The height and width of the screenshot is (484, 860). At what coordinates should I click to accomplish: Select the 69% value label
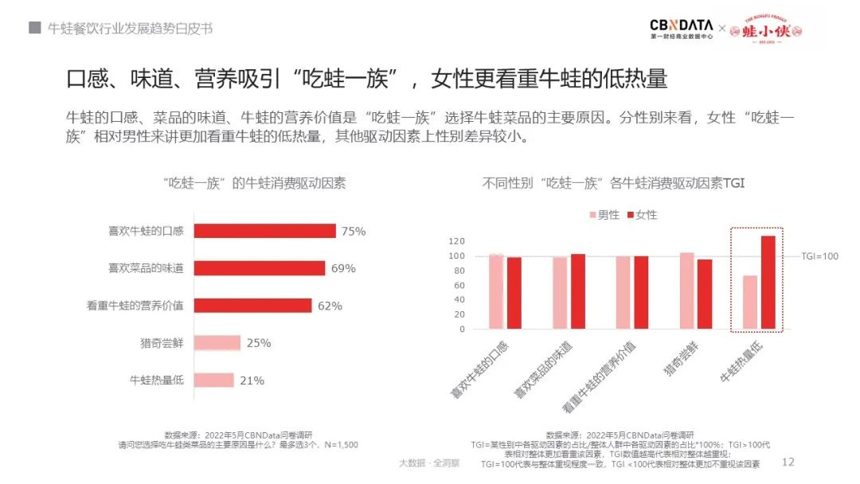(x=343, y=268)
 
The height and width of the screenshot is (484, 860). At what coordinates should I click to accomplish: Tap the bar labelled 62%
(x=253, y=306)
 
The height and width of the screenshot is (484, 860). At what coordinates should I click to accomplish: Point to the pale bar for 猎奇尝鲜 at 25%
(x=217, y=343)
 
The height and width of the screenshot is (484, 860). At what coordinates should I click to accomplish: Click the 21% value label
(x=252, y=381)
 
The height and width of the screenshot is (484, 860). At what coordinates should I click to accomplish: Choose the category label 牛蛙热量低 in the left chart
(x=157, y=381)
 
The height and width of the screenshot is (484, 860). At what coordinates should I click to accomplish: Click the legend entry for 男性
(x=604, y=215)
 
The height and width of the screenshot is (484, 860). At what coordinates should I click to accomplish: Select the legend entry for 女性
(x=642, y=215)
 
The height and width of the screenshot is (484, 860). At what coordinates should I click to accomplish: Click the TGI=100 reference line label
(x=819, y=256)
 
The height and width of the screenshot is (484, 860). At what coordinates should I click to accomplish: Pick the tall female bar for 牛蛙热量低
(x=768, y=283)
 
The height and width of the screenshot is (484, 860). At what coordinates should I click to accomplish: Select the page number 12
(x=789, y=462)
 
